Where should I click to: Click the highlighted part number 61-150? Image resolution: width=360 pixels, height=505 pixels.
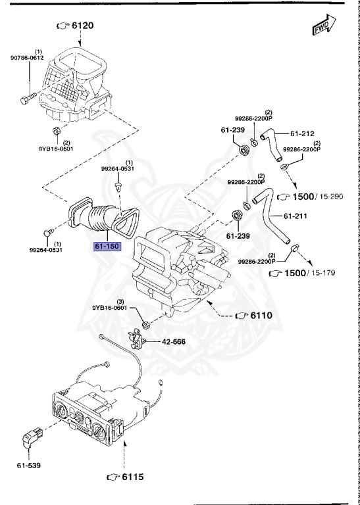[x=106, y=247]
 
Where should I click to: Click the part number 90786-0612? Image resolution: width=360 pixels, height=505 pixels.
[x=27, y=58]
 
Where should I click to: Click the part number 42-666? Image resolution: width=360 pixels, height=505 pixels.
[x=176, y=343]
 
